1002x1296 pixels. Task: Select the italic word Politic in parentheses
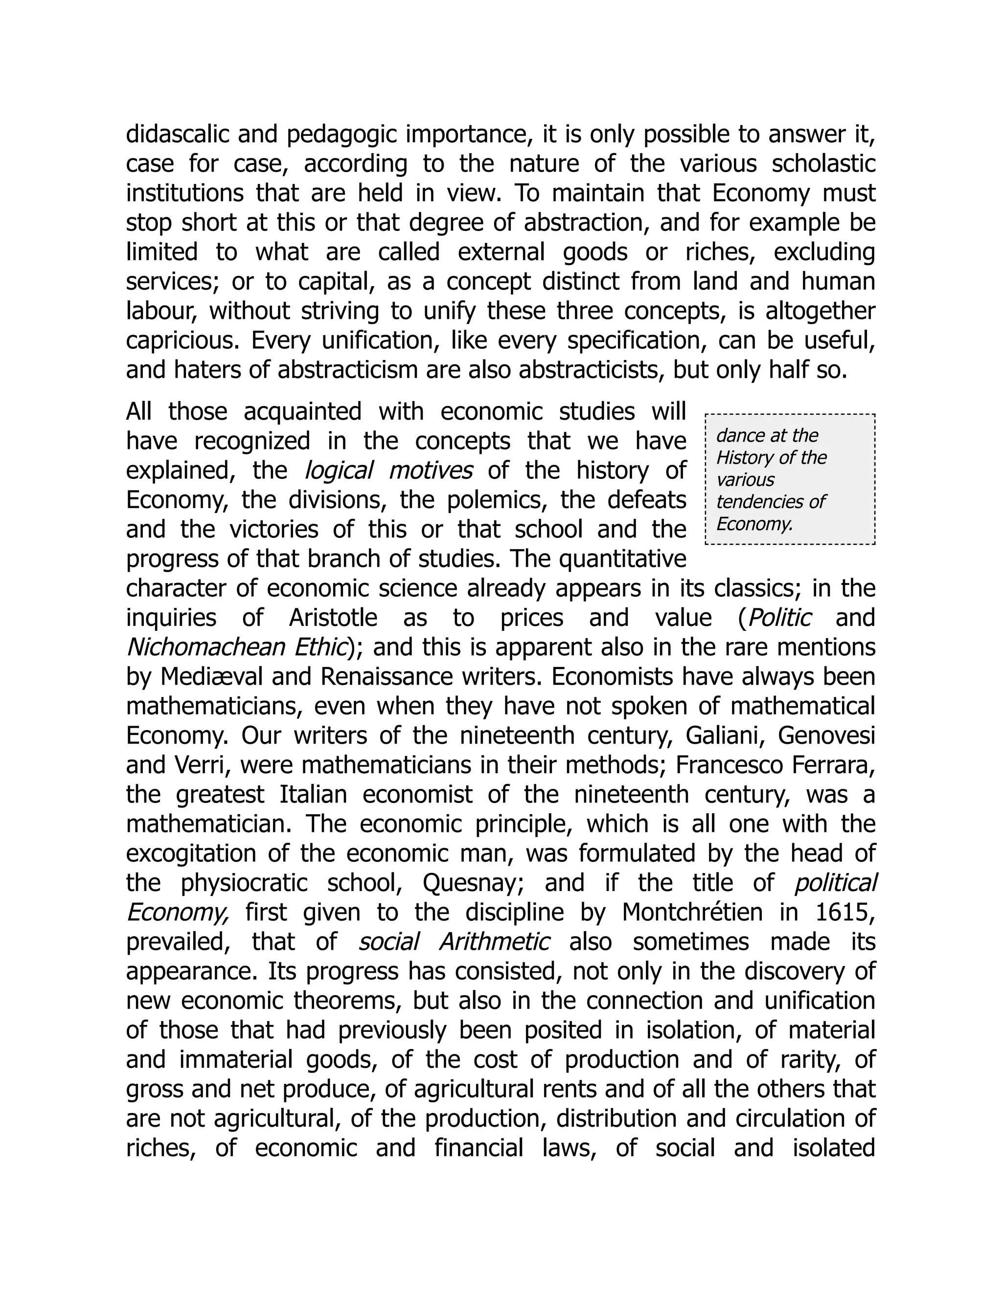779,618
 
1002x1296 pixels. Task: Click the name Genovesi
826,736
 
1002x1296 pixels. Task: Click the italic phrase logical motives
388,470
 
